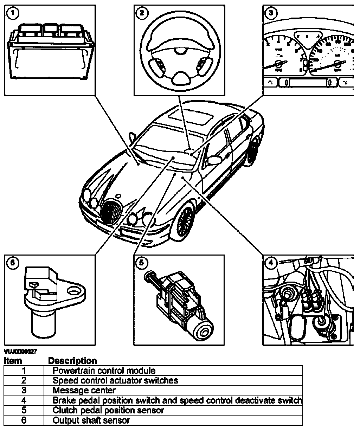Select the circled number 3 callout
tap(270, 13)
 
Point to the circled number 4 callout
tap(270, 262)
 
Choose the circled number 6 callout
tap(13, 262)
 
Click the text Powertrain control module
tap(104, 371)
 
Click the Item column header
tap(13, 361)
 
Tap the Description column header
tap(72, 361)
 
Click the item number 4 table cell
tap(24, 400)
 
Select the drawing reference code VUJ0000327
tap(20, 351)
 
